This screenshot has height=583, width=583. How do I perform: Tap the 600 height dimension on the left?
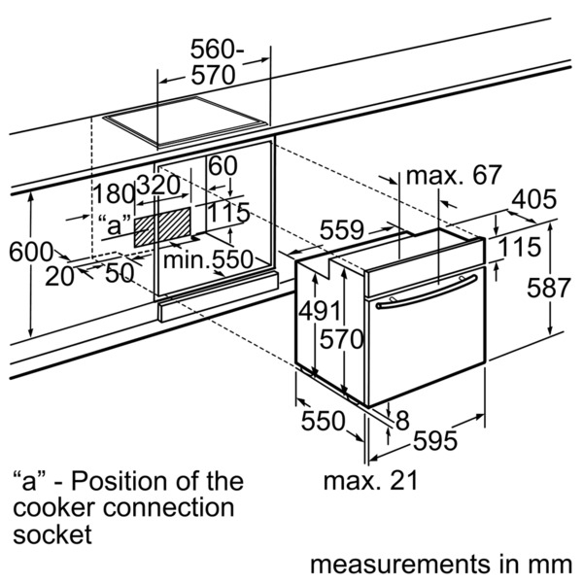point(30,252)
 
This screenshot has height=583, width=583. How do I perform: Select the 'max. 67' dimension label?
point(453,176)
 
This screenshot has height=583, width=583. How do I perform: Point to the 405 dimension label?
point(533,200)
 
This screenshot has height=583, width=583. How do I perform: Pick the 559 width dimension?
point(343,230)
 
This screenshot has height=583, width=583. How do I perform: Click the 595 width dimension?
point(433,441)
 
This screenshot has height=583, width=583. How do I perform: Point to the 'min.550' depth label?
point(208,259)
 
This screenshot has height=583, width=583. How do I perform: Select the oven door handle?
point(429,293)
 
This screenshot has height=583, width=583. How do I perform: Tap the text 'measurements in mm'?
point(441,565)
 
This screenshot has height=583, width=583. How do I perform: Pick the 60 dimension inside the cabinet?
point(223,166)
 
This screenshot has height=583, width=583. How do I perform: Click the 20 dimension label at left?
point(60,276)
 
